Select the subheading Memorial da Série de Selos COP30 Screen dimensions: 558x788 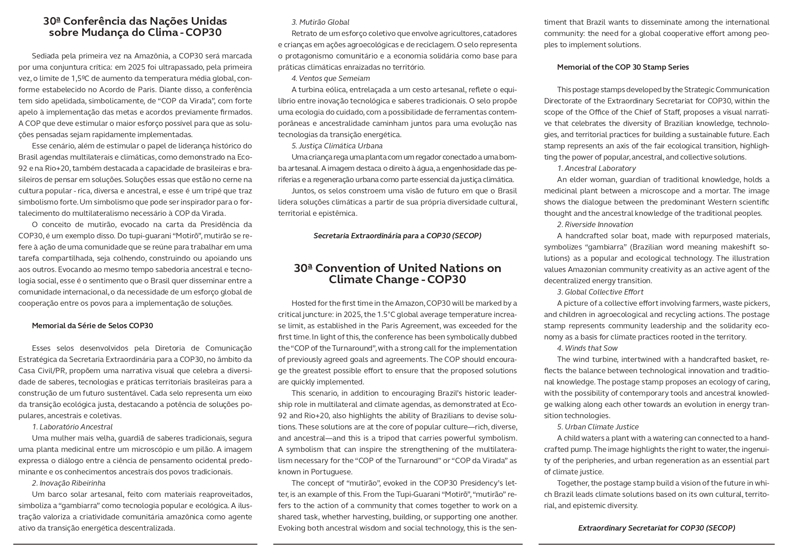coord(92,326)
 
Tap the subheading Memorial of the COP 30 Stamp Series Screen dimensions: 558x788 coord(623,67)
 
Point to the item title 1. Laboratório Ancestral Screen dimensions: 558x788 coord(72,427)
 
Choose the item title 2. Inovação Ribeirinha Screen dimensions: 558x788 coord(68,483)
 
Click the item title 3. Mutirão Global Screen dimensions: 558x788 coord(320,22)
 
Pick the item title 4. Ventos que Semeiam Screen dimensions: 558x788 coord(331,78)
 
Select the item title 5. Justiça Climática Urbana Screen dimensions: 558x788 coord(337,146)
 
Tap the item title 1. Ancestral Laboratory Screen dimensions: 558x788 coord(596,168)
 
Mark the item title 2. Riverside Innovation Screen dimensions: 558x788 coord(595,224)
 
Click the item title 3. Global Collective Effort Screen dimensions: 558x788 coord(600,292)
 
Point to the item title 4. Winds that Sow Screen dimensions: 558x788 coord(587,348)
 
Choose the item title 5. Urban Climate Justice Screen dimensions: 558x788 coord(598,427)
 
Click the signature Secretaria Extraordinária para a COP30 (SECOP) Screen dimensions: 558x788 coord(397,236)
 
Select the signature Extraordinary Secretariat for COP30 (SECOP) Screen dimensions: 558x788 coord(656,528)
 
